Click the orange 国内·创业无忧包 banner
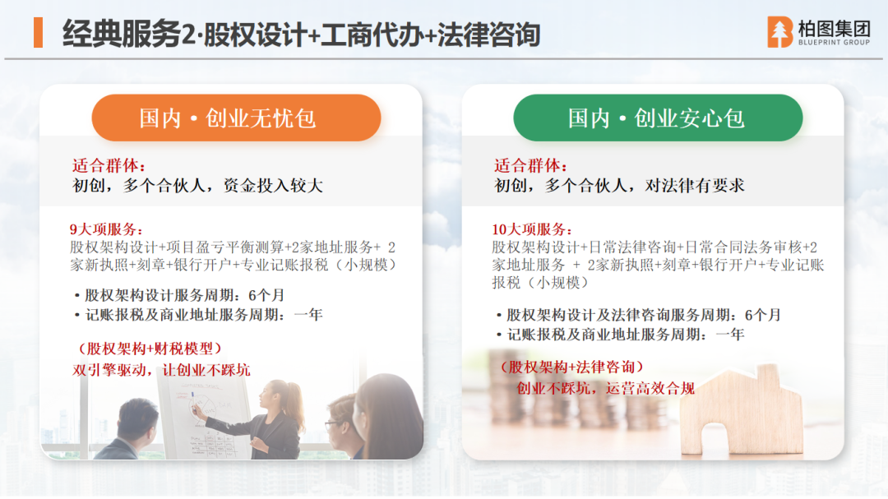pos(236,118)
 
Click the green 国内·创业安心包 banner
pos(658,118)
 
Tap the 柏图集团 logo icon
pos(779,32)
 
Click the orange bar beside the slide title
pos(38,32)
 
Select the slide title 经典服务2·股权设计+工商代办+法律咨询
pos(301,34)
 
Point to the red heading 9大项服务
pos(106,229)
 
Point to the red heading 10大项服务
pos(532,229)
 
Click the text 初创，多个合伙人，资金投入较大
pos(197,186)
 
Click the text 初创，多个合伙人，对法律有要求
pos(619,186)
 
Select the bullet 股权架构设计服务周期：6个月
pos(179,295)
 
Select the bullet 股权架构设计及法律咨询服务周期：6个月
pos(638,315)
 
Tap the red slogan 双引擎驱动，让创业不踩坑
pos(161,371)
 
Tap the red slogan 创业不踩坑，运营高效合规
pos(605,389)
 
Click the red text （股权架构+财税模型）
pos(148,349)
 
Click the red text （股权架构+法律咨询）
pos(571,367)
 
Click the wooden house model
pos(742,411)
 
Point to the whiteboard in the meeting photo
pos(203,419)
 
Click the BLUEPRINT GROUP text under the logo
pos(834,43)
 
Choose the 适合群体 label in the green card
pos(530,166)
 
